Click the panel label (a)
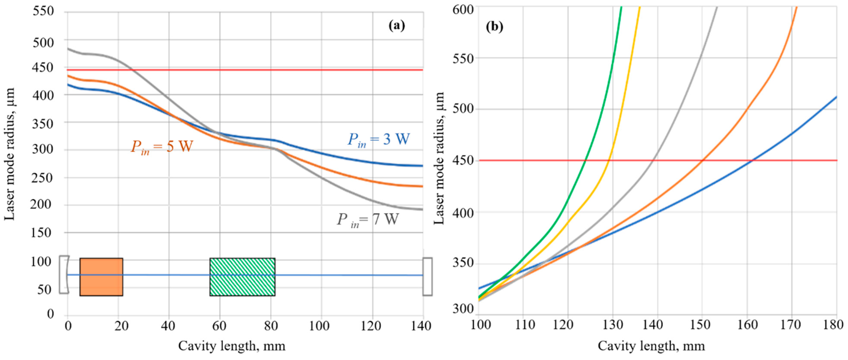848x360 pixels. point(396,25)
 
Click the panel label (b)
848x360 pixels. point(494,27)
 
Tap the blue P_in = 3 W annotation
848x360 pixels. point(379,140)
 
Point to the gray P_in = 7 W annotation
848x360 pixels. point(367,219)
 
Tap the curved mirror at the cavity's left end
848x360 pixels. point(64,274)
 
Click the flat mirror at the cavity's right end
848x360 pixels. point(427,276)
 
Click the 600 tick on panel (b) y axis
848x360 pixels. point(463,10)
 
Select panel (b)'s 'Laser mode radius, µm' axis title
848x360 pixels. point(439,158)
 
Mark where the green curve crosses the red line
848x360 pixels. point(585,160)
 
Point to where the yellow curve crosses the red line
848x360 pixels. point(609,160)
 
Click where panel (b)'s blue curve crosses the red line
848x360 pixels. point(752,160)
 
